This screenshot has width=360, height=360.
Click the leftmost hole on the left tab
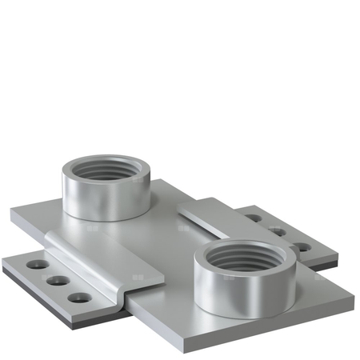pos(34,263)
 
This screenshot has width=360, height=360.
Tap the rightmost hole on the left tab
pos(78,298)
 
